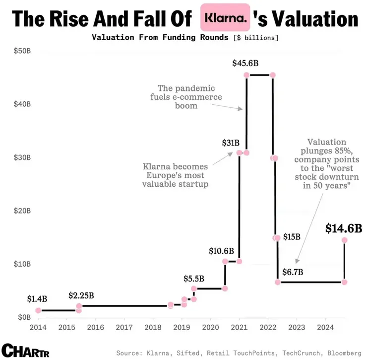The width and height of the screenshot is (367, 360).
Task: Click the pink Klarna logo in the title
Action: [x=224, y=18]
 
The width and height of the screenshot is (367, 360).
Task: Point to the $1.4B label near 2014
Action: [x=37, y=299]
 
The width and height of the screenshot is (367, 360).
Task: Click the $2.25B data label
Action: [x=81, y=296]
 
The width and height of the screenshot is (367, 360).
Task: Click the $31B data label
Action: [x=231, y=143]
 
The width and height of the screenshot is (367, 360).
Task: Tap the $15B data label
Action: [x=292, y=237]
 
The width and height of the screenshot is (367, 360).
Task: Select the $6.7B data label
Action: [x=293, y=272]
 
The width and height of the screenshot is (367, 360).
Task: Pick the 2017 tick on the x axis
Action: [x=124, y=327]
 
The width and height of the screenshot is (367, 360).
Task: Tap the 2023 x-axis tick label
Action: [x=296, y=327]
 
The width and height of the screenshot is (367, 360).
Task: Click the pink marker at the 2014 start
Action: [x=38, y=310]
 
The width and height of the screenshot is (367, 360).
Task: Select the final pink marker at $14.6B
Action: [x=344, y=240]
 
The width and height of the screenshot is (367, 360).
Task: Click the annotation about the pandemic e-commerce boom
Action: [x=186, y=97]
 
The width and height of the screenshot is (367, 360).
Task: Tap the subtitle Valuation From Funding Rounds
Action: [x=161, y=38]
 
